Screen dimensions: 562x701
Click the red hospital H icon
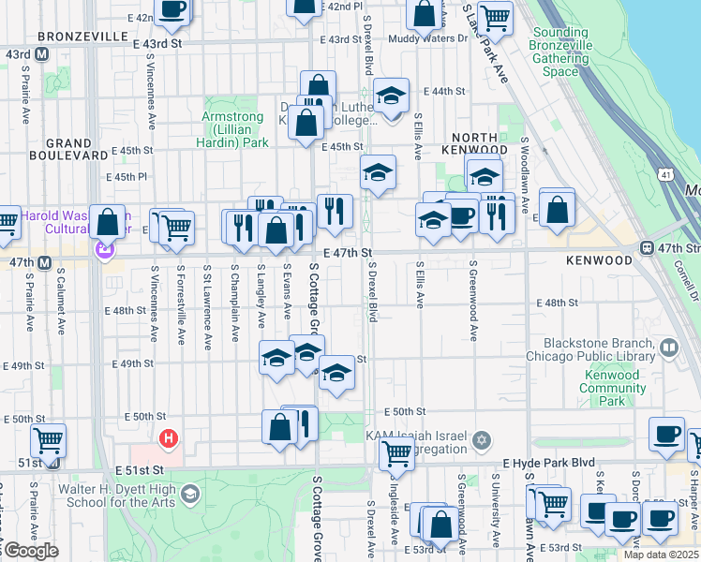tap(169, 437)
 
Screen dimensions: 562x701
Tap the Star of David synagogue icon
tap(482, 440)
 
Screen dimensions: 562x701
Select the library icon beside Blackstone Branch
tap(669, 349)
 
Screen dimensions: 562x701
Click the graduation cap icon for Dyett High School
tap(190, 494)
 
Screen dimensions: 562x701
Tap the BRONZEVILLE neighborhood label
tap(82, 36)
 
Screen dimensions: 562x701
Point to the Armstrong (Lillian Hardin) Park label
tap(235, 129)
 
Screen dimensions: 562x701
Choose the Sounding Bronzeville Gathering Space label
tap(560, 52)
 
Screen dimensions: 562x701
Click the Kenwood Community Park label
tap(611, 388)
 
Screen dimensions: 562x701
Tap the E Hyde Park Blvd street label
tap(548, 463)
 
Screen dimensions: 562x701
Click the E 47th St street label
tap(349, 253)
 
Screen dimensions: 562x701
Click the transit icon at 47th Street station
tap(647, 248)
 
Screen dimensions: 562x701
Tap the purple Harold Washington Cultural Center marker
tap(104, 250)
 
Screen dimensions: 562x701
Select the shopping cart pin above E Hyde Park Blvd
tap(396, 454)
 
